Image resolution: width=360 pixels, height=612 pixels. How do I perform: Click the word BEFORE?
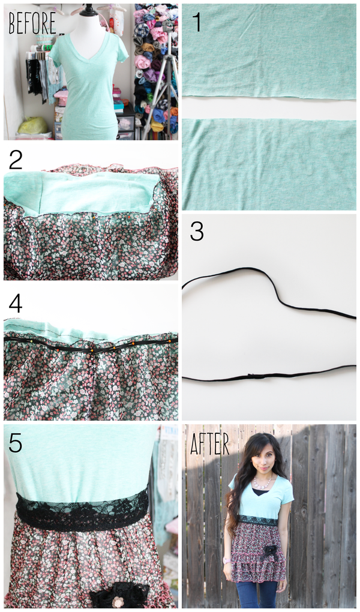[x=32, y=23]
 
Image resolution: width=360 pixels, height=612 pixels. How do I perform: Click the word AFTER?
[x=209, y=444]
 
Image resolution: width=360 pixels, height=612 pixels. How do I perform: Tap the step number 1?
[x=197, y=22]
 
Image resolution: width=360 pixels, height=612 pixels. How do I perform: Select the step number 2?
[x=15, y=160]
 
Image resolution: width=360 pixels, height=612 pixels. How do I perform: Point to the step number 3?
[x=196, y=232]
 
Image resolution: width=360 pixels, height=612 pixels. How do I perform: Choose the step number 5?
[x=15, y=443]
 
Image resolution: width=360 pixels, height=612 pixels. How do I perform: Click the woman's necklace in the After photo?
[x=263, y=483]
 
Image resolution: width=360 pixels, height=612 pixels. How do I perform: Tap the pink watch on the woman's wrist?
[x=226, y=560]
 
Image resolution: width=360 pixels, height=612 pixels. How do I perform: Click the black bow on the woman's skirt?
[x=269, y=552]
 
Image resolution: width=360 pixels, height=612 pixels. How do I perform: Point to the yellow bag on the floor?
[x=33, y=125]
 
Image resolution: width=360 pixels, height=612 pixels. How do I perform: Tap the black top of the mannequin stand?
[x=89, y=10]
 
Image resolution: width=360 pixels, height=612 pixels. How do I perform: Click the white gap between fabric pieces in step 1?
[x=269, y=108]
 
